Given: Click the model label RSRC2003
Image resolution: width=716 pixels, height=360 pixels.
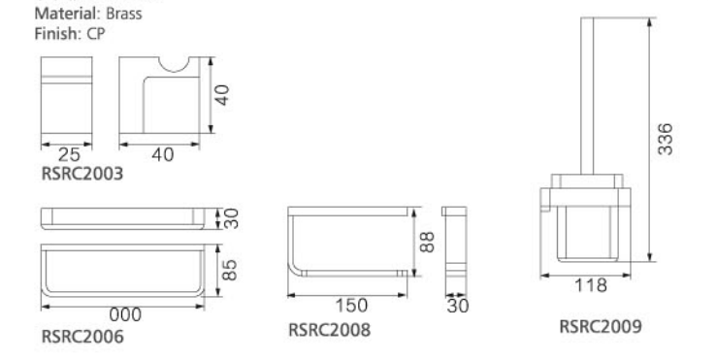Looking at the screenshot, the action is click(x=82, y=174).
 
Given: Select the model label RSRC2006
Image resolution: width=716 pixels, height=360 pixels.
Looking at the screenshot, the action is click(x=82, y=337).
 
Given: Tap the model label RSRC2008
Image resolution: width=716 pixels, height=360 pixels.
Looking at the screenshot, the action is click(x=329, y=330).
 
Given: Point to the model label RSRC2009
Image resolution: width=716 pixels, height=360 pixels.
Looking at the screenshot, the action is click(x=601, y=327).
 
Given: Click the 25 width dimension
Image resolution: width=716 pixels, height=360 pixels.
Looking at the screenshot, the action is click(x=69, y=155).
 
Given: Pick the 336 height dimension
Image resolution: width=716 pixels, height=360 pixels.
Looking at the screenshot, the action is click(x=666, y=139).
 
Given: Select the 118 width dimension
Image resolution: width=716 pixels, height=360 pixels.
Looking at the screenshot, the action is click(x=591, y=285).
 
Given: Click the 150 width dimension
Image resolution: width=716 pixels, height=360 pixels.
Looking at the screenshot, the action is click(x=351, y=306).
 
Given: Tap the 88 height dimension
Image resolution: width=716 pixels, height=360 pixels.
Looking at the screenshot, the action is click(x=427, y=243).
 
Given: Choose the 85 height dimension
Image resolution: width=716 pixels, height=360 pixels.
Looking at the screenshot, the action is click(x=229, y=270).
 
